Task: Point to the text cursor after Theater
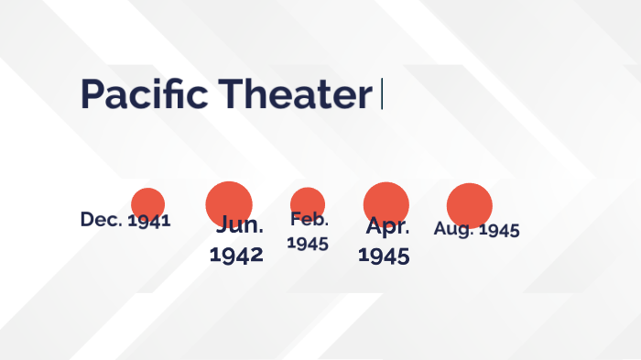382,94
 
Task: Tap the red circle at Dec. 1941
147,203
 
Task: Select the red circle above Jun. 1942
229,202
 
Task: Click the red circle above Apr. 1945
386,202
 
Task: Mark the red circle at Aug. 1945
470,205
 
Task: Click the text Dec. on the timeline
101,220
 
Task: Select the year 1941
149,221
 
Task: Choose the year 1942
236,255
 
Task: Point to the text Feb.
310,219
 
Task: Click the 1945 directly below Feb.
308,243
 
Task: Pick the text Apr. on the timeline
387,226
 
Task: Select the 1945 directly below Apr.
384,256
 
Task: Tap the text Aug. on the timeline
454,229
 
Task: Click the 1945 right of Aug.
499,229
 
